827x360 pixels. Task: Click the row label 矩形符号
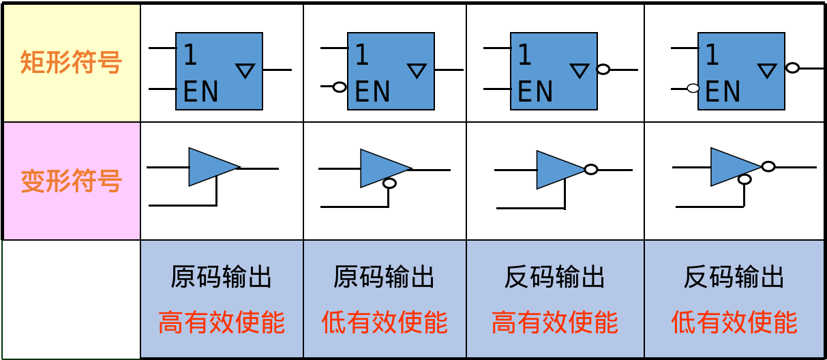click(x=71, y=63)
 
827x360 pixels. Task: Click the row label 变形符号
click(x=71, y=181)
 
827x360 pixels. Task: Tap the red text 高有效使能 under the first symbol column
click(x=222, y=322)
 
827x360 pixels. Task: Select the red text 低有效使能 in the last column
click(x=734, y=322)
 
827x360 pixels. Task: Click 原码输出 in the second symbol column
click(x=385, y=277)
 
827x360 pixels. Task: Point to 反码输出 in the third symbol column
click(x=555, y=277)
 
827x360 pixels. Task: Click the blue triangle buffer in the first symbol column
click(x=210, y=167)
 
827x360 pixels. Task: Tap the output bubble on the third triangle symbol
click(x=591, y=169)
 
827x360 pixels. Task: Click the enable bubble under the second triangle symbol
click(x=389, y=183)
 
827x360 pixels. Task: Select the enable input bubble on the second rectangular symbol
click(x=340, y=87)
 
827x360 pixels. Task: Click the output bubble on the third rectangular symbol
click(x=603, y=69)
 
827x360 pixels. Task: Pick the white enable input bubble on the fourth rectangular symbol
click(x=693, y=88)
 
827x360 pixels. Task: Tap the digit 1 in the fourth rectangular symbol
click(x=712, y=55)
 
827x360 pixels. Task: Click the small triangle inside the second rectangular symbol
click(x=417, y=70)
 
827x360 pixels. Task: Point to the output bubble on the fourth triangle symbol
click(x=768, y=166)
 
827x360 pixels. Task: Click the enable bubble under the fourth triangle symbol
click(x=745, y=179)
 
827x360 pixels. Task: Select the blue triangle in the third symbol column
click(x=558, y=170)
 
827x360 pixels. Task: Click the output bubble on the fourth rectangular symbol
click(x=792, y=67)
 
